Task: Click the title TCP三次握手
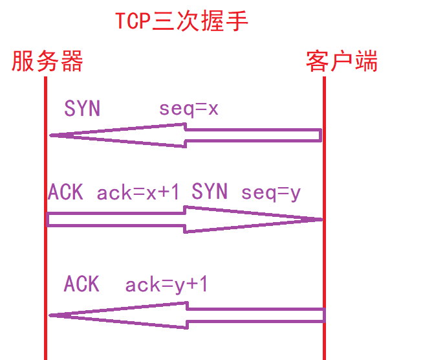pos(182,21)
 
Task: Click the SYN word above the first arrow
pos(82,108)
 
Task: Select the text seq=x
pos(189,109)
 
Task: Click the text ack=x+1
pos(138,192)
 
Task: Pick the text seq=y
pos(271,192)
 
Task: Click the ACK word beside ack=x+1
pos(65,192)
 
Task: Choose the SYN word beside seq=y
pos(210,192)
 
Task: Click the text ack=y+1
pos(166,284)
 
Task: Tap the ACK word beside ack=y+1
pos(81,284)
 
